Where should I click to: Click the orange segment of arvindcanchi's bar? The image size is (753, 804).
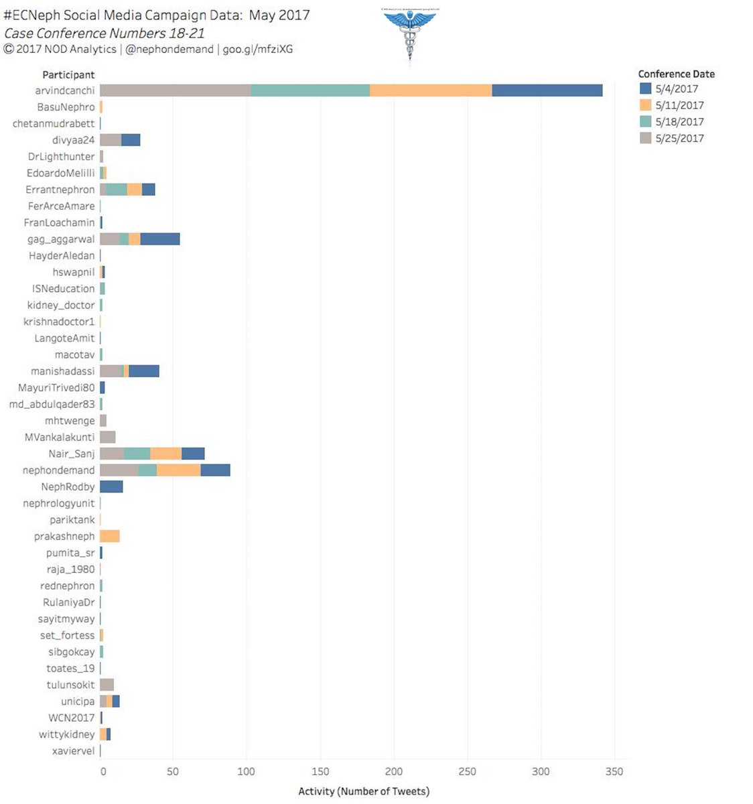(x=431, y=90)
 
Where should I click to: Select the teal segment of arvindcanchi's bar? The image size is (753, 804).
(x=310, y=90)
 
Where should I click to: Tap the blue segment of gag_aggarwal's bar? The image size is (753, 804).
(x=160, y=239)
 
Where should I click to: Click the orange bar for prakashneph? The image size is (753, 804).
(x=110, y=536)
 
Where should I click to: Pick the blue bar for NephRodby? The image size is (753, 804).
(x=111, y=486)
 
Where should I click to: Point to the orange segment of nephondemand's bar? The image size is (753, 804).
(x=179, y=470)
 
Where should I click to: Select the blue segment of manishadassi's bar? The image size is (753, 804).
(x=144, y=371)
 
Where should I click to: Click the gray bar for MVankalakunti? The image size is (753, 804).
(x=108, y=438)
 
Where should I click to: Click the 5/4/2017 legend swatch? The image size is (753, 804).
(x=646, y=88)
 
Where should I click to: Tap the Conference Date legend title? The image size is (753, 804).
(x=676, y=74)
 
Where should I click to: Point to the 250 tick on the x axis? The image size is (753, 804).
(x=467, y=772)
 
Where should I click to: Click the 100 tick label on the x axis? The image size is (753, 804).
(x=247, y=772)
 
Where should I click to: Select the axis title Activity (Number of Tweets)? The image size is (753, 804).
(x=364, y=791)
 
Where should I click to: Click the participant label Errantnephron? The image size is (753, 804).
(x=60, y=190)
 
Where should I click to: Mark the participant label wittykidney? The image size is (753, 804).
(x=67, y=734)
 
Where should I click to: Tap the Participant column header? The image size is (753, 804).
(x=68, y=75)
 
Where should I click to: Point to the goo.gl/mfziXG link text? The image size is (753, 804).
(x=258, y=49)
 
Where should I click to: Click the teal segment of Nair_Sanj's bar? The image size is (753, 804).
(x=137, y=454)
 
